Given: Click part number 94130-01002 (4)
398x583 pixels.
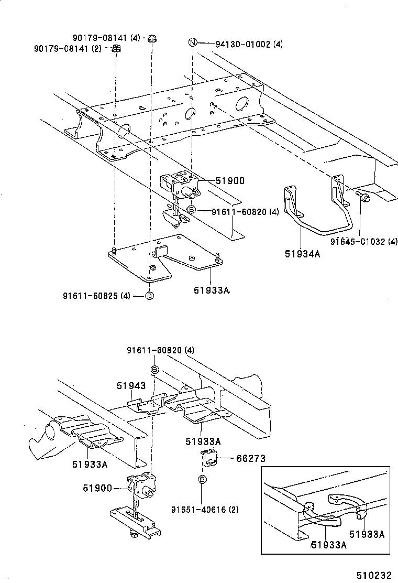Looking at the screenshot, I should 249,44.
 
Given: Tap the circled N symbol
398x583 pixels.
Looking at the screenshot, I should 193,43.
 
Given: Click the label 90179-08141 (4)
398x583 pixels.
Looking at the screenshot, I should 106,38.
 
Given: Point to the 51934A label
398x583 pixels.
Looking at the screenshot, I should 302,254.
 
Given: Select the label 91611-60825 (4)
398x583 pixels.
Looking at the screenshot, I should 97,296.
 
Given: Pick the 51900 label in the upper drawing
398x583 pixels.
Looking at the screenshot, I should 230,181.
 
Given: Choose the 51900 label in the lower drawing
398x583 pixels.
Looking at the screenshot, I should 97,488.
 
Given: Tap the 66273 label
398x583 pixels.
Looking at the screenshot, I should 250,458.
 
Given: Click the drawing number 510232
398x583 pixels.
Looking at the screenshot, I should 374,575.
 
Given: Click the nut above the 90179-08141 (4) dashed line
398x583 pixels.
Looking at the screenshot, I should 152,38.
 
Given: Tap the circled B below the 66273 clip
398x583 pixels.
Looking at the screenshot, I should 202,479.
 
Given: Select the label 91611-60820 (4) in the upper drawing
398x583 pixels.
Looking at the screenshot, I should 245,212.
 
